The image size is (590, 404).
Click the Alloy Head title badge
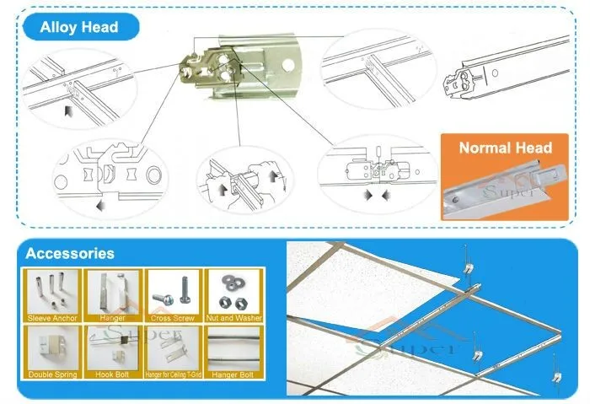79,27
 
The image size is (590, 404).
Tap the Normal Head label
505,148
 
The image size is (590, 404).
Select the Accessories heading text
70,252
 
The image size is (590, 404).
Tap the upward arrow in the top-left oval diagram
68,110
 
